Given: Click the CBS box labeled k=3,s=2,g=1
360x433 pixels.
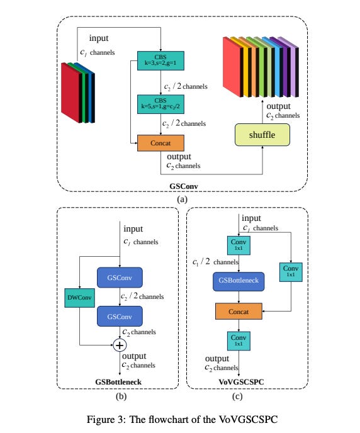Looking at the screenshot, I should pos(160,62).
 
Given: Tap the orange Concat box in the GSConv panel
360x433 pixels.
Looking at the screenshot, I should pos(160,143).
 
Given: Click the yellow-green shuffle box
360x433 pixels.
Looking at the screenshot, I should pos(264,134).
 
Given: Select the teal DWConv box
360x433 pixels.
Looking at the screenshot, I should pos(79,298).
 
